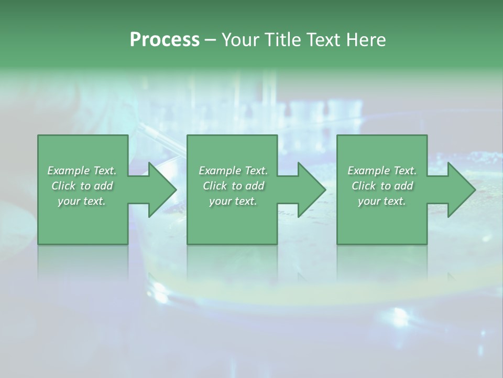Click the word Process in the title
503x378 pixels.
point(165,40)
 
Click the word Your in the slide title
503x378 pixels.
point(239,40)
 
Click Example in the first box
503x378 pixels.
point(69,171)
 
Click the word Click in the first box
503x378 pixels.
point(63,186)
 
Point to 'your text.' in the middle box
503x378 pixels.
point(233,201)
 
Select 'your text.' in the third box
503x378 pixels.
point(382,201)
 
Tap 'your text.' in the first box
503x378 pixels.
point(82,201)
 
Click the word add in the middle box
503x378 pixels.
point(255,186)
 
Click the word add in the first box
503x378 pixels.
point(103,186)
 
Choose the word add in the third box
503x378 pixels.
point(403,186)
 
